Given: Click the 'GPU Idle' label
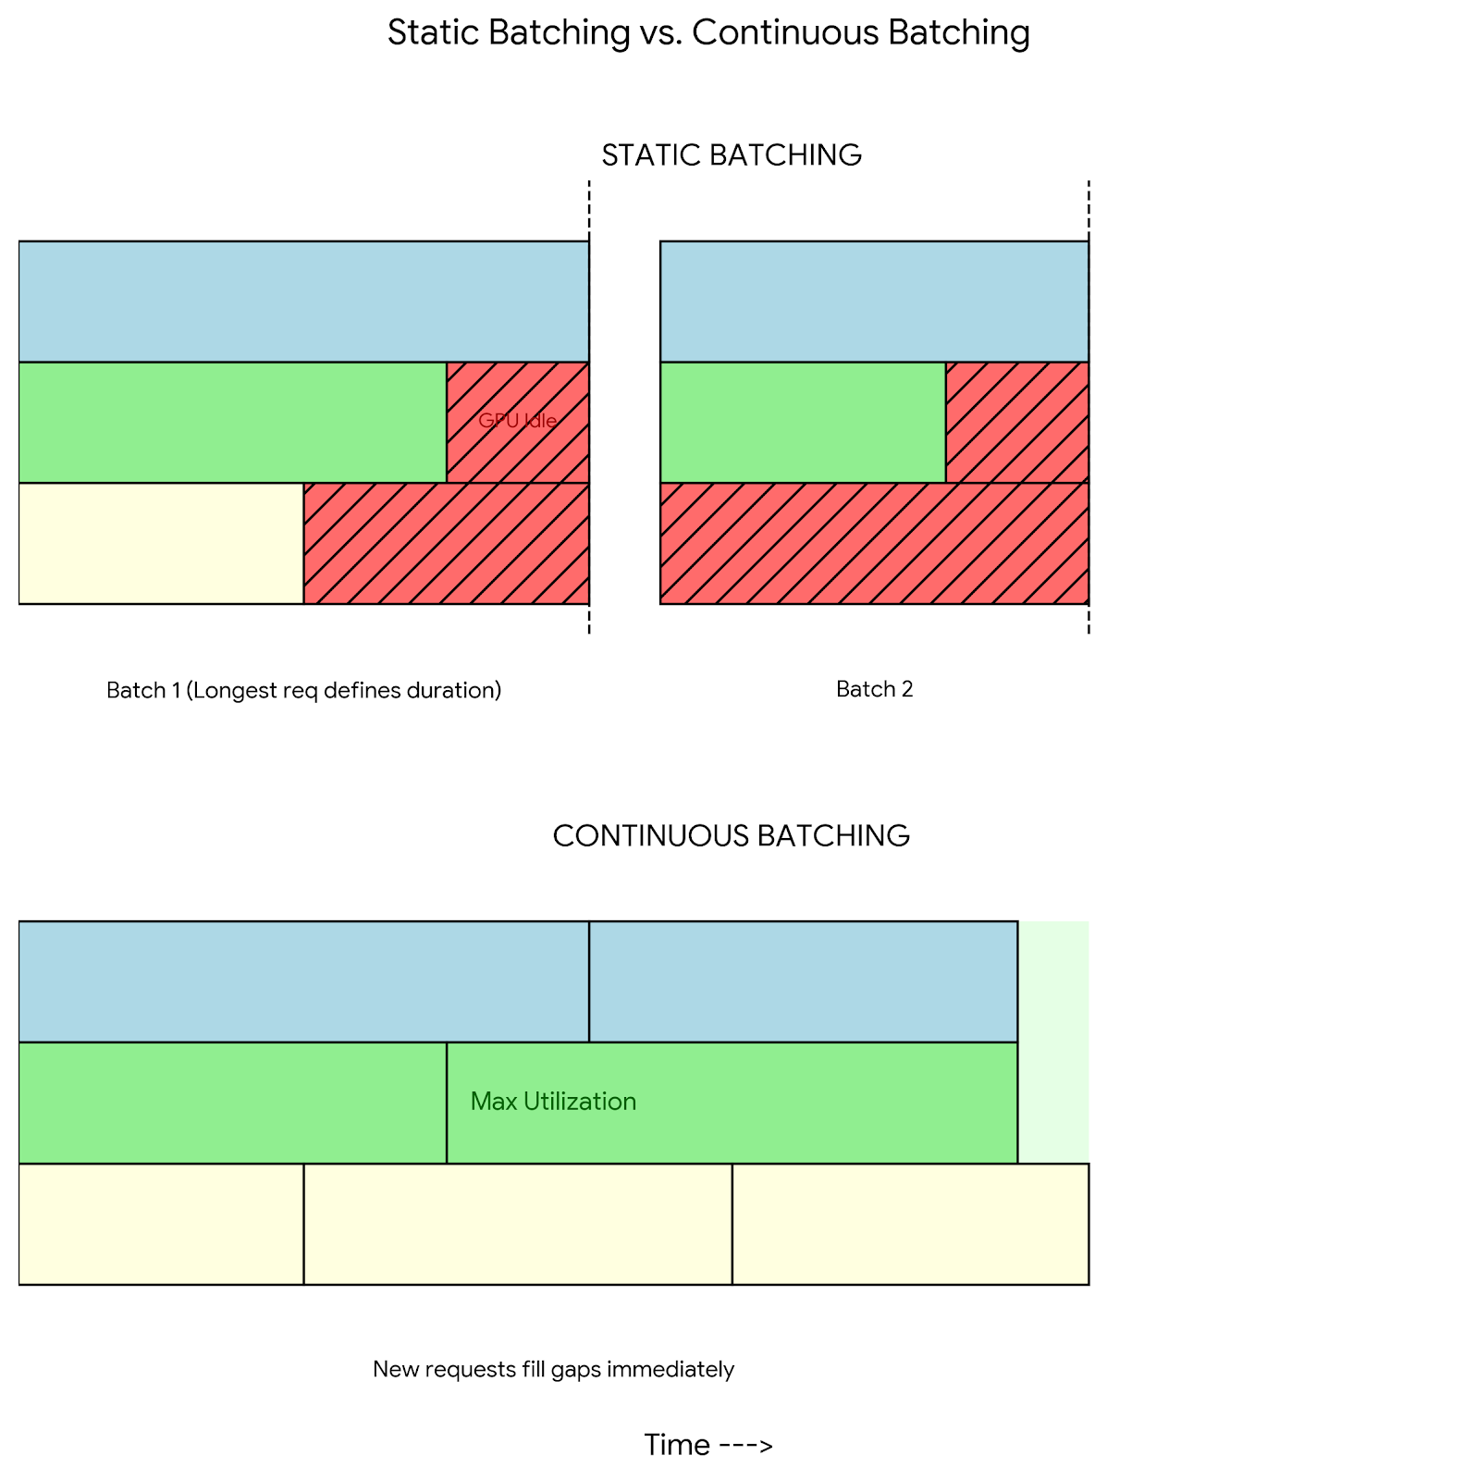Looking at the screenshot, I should (517, 421).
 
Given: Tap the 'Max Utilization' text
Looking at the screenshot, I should (553, 1101).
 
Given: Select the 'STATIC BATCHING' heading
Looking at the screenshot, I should (732, 154).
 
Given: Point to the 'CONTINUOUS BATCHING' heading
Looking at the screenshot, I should (731, 835).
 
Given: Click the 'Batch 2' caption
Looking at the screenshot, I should (874, 689).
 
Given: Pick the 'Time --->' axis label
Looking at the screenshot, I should (708, 1445).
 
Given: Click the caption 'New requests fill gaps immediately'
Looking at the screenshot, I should (553, 1369).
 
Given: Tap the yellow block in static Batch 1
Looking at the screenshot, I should (161, 543).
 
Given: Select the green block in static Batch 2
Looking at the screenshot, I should (803, 422).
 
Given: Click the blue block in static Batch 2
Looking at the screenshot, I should (874, 301).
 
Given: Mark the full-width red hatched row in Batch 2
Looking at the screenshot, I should (874, 543).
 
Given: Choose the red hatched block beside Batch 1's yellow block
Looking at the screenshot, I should (446, 543).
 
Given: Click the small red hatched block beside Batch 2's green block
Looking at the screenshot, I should (1016, 422).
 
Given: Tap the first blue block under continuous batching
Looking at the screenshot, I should (303, 981).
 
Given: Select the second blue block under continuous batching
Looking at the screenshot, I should (803, 981).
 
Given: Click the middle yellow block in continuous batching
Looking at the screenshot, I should (517, 1224).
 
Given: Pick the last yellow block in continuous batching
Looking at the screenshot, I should (910, 1224).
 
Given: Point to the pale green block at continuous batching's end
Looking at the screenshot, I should (1053, 1042).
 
